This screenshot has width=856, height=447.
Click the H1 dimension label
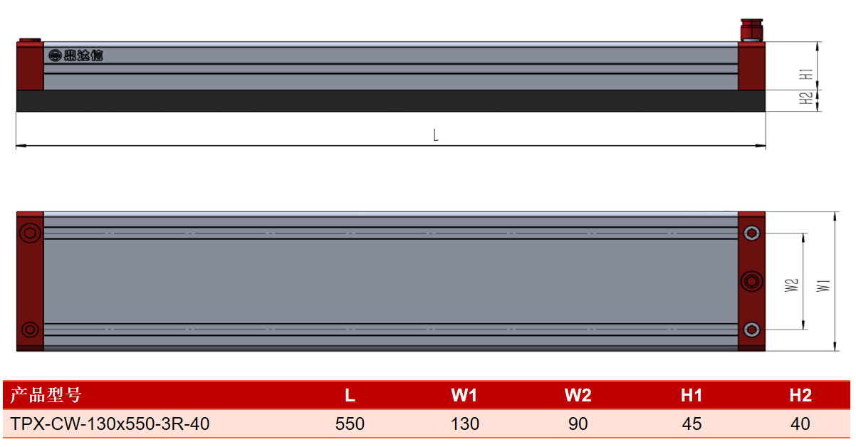point(805,74)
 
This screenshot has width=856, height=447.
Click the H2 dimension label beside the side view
point(805,98)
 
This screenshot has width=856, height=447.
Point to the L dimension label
point(436,135)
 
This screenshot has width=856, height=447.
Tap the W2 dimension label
point(791,285)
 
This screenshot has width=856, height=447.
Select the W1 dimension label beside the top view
point(823,285)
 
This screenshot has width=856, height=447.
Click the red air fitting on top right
point(752,30)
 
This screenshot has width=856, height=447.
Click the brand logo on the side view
point(75,56)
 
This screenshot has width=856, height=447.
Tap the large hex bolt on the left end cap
point(30,233)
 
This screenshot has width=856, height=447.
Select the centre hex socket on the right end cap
point(752,282)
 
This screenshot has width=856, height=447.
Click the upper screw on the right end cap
point(752,233)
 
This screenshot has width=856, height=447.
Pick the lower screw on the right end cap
point(752,330)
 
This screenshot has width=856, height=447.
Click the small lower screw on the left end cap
point(30,330)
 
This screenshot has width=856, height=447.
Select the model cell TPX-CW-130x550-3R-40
point(110,424)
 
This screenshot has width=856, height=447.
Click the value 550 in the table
point(350,424)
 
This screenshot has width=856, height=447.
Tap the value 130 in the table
point(464,424)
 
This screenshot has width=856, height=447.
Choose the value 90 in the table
point(578,424)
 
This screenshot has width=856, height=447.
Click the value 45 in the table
point(691,424)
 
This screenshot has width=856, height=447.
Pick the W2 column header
point(578,395)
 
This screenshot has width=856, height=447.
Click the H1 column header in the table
point(691,395)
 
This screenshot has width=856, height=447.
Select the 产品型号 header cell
point(46,394)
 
